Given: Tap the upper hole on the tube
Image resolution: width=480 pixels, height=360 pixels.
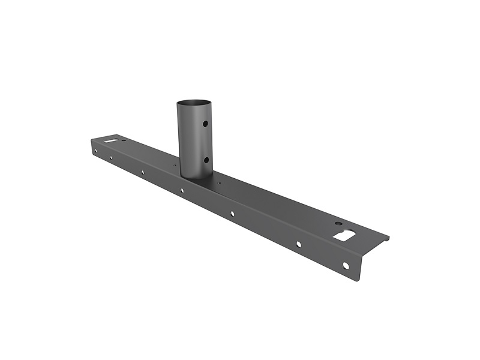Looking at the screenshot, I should [x=205, y=124].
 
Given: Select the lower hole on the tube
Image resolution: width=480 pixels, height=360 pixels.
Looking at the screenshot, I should [x=205, y=160].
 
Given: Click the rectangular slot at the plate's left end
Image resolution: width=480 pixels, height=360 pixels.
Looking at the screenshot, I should [x=111, y=141].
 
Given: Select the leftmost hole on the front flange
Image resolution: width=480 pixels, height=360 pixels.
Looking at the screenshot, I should [x=94, y=151].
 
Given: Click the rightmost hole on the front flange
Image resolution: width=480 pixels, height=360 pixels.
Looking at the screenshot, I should [x=346, y=265].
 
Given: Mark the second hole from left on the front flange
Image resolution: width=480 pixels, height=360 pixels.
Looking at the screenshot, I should [x=111, y=158].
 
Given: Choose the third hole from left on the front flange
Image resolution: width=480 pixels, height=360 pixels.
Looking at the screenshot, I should [x=142, y=172].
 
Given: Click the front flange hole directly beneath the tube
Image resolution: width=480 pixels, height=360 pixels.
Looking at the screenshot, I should [x=182, y=190].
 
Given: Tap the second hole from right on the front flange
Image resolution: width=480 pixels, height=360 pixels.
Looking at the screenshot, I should [x=298, y=244].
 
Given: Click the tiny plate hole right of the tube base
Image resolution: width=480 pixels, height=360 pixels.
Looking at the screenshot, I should [x=220, y=183].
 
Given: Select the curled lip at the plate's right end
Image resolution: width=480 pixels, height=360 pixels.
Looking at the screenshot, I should [x=384, y=239].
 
